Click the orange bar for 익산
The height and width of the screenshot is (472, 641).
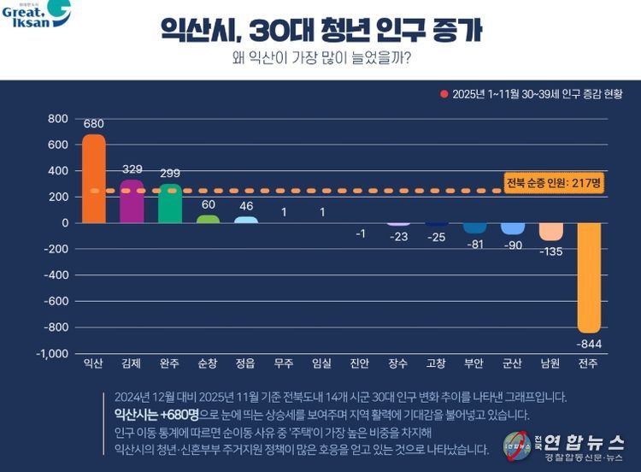pyautogui.click(x=93, y=180)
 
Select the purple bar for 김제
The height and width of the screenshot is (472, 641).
pyautogui.click(x=132, y=202)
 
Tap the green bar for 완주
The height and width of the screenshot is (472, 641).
pyautogui.click(x=170, y=204)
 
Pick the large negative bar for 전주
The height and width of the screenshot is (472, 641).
pyautogui.click(x=589, y=277)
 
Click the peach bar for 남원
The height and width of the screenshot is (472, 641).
pyautogui.click(x=551, y=232)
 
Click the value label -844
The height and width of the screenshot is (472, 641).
pyautogui.click(x=589, y=344)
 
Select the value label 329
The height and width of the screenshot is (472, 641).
pyautogui.click(x=132, y=169)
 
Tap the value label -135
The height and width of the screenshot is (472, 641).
pyautogui.click(x=551, y=251)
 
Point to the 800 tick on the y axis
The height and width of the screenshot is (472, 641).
pyautogui.click(x=57, y=118)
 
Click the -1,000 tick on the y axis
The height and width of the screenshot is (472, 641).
pyautogui.click(x=53, y=354)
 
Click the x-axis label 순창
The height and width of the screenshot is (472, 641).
pyautogui.click(x=208, y=363)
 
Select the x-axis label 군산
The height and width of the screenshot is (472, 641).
pyautogui.click(x=513, y=363)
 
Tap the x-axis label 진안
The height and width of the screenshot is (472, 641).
pyautogui.click(x=360, y=363)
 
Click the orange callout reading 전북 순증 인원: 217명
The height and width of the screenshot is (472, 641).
pyautogui.click(x=554, y=184)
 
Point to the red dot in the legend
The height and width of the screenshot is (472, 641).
pyautogui.click(x=444, y=93)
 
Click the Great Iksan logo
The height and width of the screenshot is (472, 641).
pyautogui.click(x=36, y=15)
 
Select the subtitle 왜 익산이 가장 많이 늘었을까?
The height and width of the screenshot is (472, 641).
pyautogui.click(x=320, y=61)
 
